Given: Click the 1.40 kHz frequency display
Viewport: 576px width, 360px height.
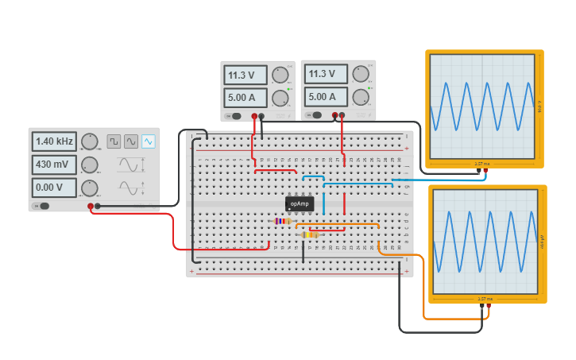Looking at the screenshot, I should click(x=54, y=141).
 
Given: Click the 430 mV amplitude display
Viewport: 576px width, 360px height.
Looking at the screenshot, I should click(x=54, y=165).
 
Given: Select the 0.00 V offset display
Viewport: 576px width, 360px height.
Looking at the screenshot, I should click(x=54, y=188).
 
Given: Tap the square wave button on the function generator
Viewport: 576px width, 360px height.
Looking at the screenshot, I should click(x=114, y=141).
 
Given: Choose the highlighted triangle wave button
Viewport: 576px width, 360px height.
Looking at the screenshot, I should click(x=149, y=141).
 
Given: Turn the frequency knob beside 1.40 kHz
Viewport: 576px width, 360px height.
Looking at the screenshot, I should click(x=90, y=141).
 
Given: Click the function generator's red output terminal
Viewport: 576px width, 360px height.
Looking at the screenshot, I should click(x=91, y=207).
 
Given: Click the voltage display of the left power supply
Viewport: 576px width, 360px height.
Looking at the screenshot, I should click(x=245, y=75).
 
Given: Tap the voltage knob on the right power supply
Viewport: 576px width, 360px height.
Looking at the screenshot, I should click(x=361, y=74).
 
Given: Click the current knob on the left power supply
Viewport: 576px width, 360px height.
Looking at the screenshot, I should click(x=280, y=98).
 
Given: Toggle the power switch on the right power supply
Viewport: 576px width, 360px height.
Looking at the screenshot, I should click(x=316, y=115).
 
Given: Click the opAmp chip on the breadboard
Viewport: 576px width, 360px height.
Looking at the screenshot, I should click(x=300, y=203).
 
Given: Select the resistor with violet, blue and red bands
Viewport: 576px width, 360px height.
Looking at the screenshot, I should click(x=281, y=221).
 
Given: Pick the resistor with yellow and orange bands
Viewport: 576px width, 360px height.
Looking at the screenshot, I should click(x=310, y=234).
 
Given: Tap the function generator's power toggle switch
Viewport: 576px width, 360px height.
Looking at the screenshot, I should click(x=43, y=206).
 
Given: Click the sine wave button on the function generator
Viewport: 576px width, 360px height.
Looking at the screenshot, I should click(x=131, y=141).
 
